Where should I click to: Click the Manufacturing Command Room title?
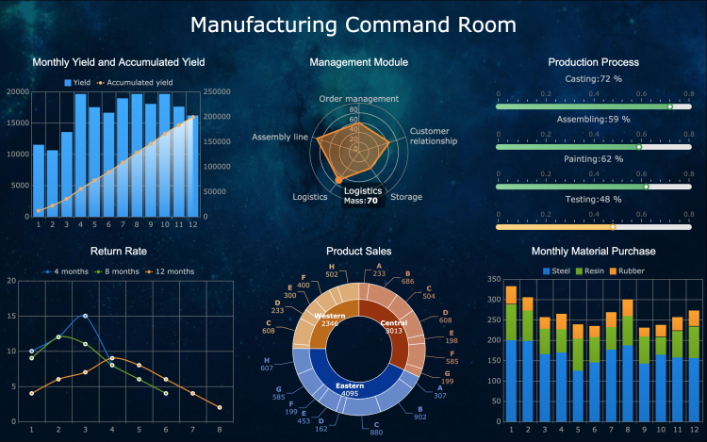tap(353, 25)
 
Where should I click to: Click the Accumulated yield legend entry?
tap(131, 83)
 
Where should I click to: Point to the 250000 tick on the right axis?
tap(216, 92)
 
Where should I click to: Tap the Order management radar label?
tap(358, 99)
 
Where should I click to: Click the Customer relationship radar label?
tap(433, 136)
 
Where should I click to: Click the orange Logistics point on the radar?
tap(338, 179)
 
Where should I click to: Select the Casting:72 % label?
tap(593, 79)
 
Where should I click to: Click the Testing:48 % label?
tap(593, 199)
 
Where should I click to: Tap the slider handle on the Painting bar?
tap(647, 187)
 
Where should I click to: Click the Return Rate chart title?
tap(118, 251)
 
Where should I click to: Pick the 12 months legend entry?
tap(172, 271)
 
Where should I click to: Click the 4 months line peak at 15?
tap(85, 316)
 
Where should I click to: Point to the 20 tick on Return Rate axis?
tap(10, 280)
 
